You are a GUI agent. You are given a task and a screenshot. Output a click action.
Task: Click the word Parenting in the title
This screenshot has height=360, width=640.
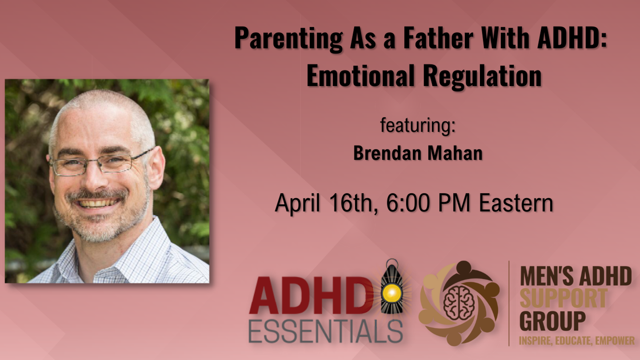[288, 39]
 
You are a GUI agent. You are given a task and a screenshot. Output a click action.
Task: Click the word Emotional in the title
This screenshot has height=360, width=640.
[360, 76]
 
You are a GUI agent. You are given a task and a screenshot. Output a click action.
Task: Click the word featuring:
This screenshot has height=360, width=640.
[417, 125]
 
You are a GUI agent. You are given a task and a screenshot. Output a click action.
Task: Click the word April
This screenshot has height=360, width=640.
[297, 204]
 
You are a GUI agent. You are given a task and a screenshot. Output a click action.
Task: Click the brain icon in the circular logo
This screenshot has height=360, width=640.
[459, 303]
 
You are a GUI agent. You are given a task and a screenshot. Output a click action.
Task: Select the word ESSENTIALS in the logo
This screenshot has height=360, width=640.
[326, 331]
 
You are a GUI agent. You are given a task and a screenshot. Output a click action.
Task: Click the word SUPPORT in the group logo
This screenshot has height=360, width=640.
[563, 298]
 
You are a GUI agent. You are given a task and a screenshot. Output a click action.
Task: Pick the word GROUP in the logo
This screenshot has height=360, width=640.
[552, 321]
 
